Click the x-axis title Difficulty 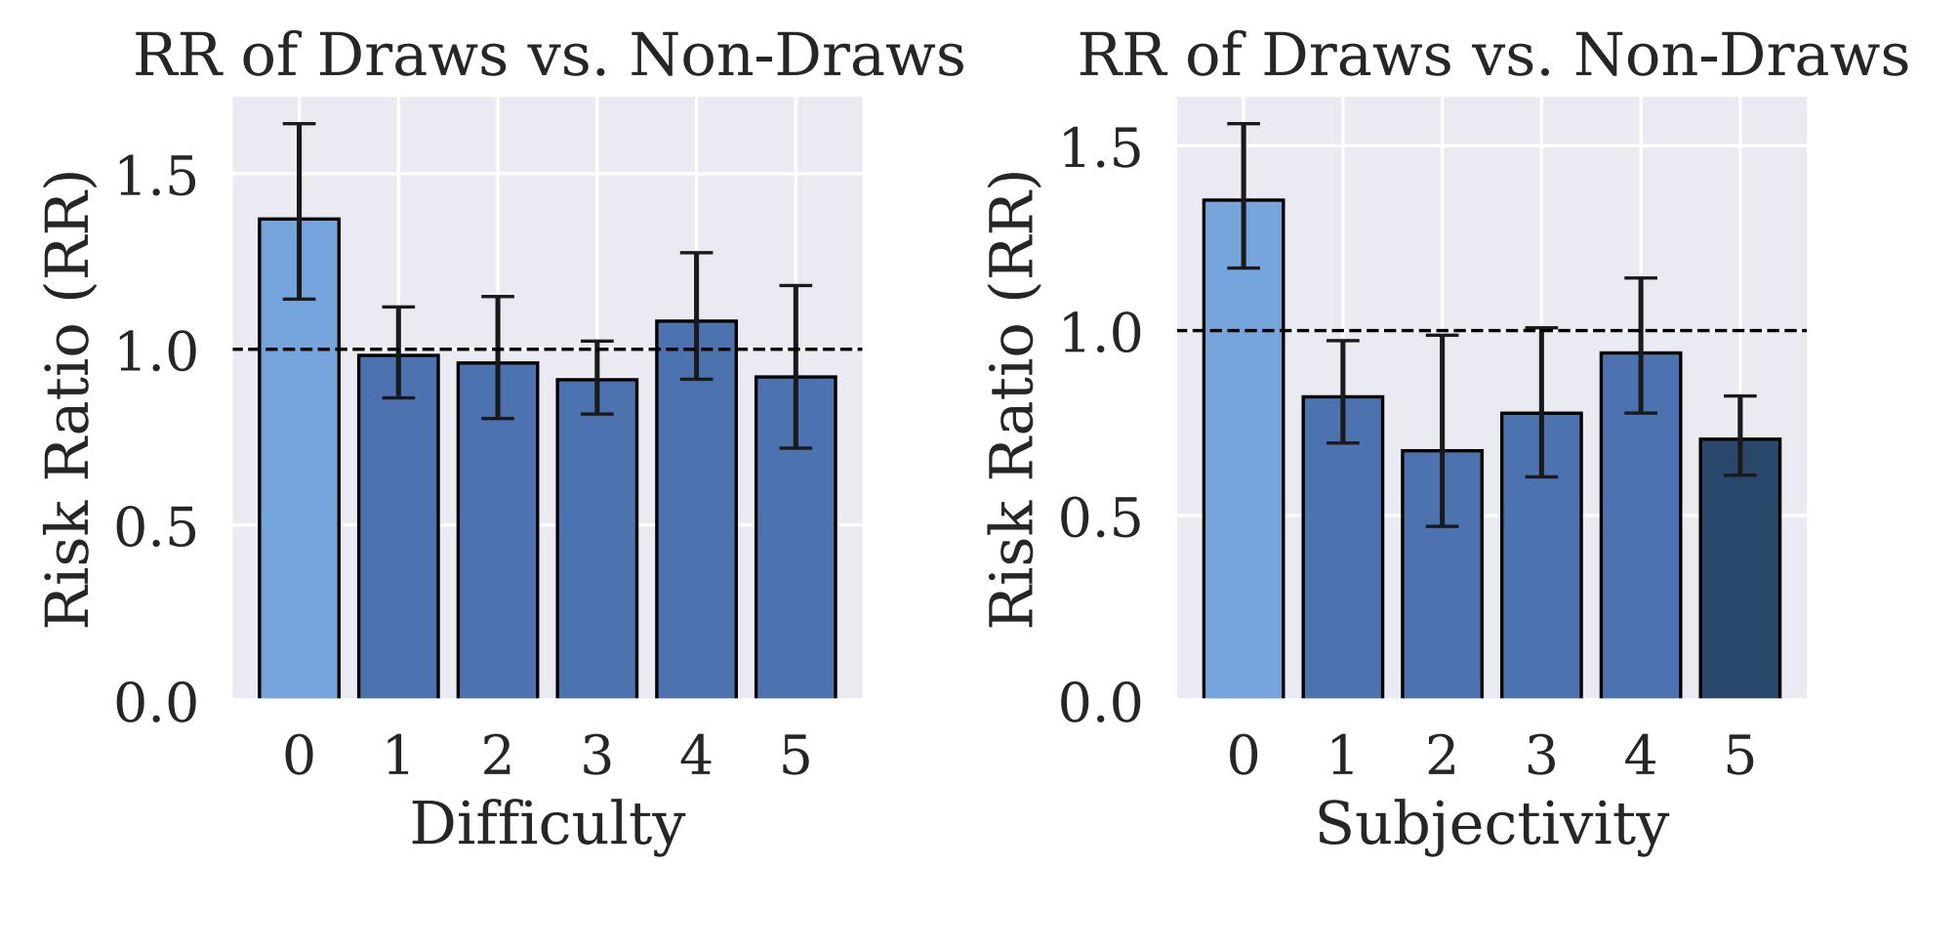(547, 825)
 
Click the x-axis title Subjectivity (1491, 825)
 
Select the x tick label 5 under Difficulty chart (796, 757)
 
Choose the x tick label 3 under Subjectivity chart (1541, 757)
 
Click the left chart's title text (549, 56)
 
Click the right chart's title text (1492, 56)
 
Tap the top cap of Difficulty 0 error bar (299, 124)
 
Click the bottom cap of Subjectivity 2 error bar (1442, 526)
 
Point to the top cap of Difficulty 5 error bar (796, 286)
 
